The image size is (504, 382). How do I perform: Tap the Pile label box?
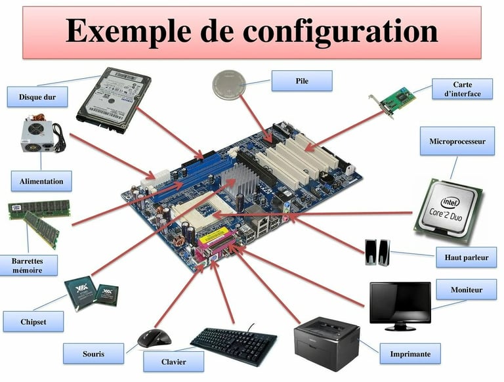(x=302, y=81)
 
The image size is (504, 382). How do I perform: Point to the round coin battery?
(x=230, y=85)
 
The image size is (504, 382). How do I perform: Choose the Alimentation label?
(x=41, y=181)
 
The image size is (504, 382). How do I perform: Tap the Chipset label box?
(x=33, y=322)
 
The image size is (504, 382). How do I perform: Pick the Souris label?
(x=93, y=354)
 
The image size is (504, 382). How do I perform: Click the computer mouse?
(x=154, y=338)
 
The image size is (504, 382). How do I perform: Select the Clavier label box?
(x=173, y=362)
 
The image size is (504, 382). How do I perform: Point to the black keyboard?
(x=234, y=341)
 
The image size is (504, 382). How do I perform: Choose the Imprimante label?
(x=410, y=354)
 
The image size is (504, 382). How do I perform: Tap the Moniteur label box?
(x=466, y=289)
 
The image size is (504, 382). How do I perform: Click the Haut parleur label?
(x=466, y=257)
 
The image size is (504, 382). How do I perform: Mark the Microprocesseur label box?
(x=457, y=141)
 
